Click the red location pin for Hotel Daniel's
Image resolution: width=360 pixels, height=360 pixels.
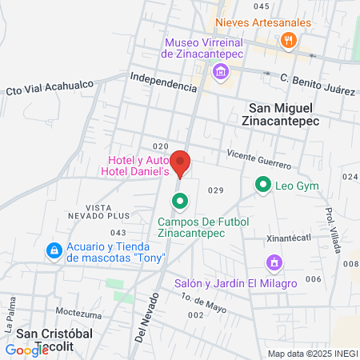181,162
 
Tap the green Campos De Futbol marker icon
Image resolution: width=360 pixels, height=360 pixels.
181,201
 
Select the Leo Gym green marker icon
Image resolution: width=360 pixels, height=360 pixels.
262,186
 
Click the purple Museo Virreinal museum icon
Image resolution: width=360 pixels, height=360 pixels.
221,74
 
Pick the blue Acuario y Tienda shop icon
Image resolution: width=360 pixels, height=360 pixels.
54,250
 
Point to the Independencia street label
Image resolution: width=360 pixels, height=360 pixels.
162,82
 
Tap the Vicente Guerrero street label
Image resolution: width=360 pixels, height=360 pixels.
258,158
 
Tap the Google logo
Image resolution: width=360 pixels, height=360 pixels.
26,350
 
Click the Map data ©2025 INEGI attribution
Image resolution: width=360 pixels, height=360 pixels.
312,354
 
